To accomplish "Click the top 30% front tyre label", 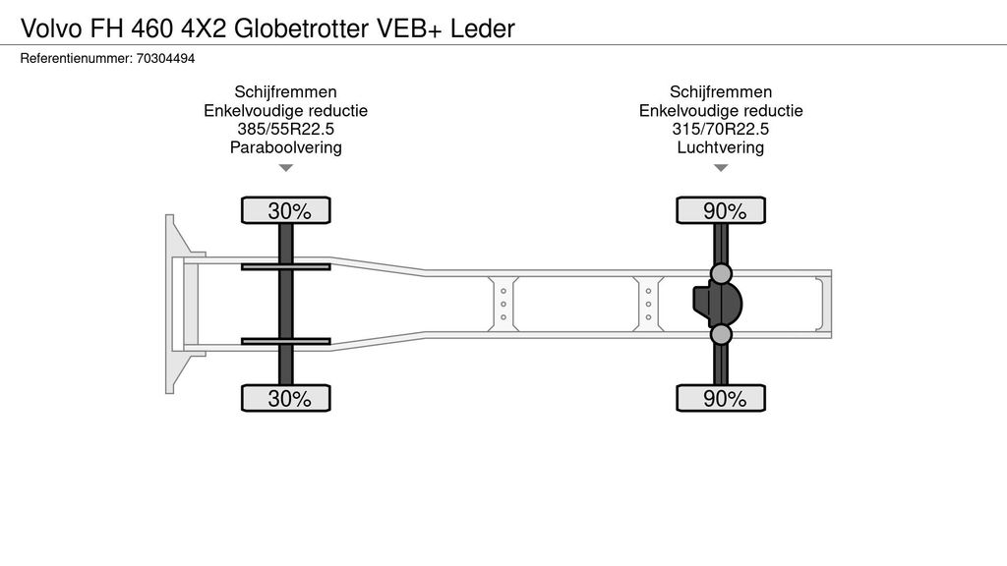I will (286, 210).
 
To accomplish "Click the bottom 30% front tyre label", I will (286, 398).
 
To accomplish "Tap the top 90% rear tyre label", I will (721, 210).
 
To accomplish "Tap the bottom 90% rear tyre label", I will (721, 398).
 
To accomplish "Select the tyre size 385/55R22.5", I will (285, 130).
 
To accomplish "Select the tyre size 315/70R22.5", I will (721, 130).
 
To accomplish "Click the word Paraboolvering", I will (285, 148).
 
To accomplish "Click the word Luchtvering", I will (721, 148).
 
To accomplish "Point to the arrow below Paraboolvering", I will (286, 168).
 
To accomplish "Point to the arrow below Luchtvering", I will (721, 168).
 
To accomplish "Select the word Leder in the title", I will (483, 28).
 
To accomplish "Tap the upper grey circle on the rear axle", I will (721, 273).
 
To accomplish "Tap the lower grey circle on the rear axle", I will (721, 335).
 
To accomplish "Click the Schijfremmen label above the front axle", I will (285, 92).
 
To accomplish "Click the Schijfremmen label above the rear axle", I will (721, 92).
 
